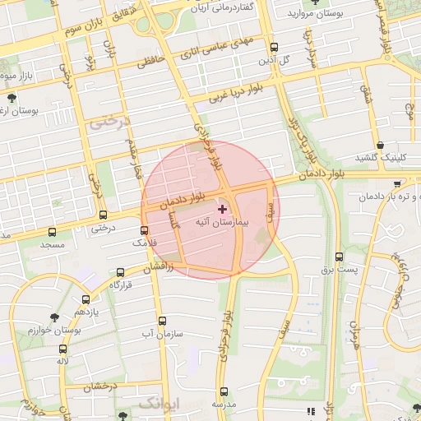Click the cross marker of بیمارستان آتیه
[x=222, y=210]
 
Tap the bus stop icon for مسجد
[x=53, y=233]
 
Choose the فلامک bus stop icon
[x=145, y=230]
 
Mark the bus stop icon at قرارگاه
[x=121, y=271]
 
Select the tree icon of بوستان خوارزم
[x=55, y=317]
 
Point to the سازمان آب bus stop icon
[x=162, y=322]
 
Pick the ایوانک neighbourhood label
[x=156, y=403]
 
